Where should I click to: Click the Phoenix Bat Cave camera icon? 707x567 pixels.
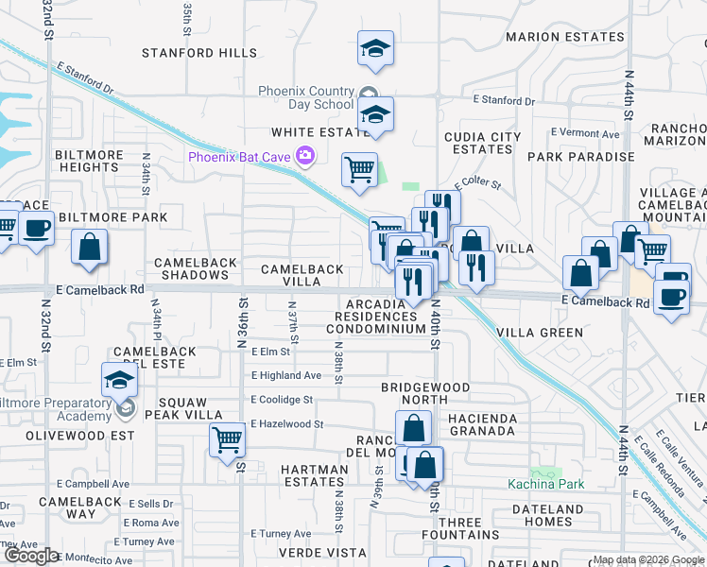point(305,156)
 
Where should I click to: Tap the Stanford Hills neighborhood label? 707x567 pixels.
point(199,53)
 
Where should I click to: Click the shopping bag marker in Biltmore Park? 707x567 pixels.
point(89,248)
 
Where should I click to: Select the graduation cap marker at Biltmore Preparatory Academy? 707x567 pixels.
point(120,380)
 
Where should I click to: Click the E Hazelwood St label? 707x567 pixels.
point(287,424)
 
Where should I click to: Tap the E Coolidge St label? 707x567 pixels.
point(282,400)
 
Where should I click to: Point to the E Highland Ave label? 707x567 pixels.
point(286,375)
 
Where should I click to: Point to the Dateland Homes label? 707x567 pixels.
point(547,515)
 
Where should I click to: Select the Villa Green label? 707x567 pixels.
point(540,333)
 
